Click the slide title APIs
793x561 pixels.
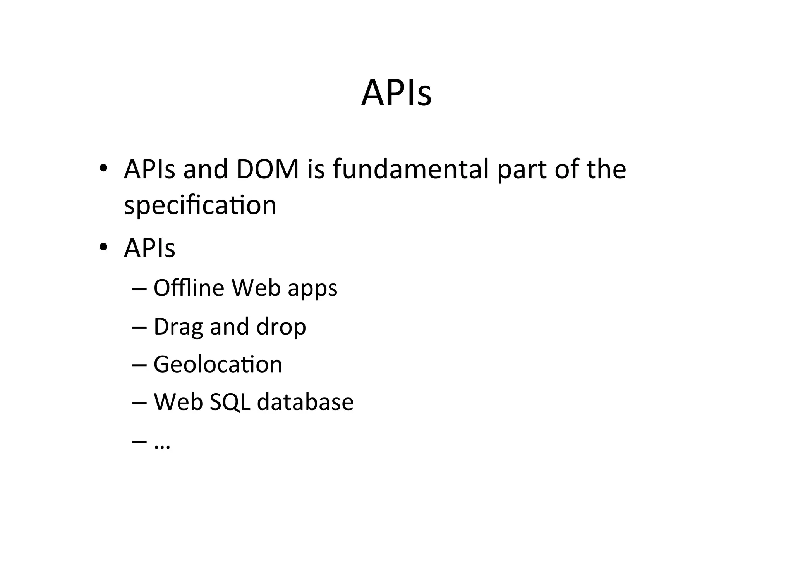point(396,93)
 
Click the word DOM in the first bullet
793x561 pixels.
point(268,169)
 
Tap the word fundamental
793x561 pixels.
point(410,169)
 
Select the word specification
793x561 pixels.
point(200,205)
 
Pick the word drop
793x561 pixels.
point(281,327)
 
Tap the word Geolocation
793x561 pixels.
point(218,364)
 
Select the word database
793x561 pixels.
point(305,402)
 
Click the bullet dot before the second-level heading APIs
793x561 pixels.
point(103,247)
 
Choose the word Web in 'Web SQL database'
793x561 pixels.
point(179,402)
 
